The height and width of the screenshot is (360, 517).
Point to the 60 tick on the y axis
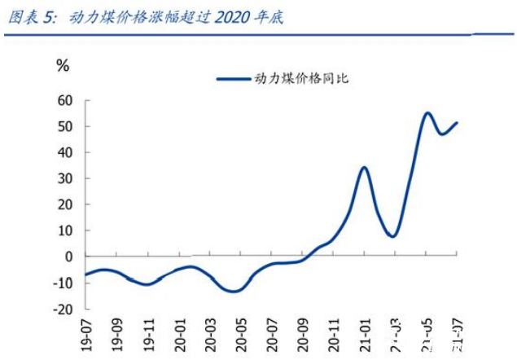click(64, 100)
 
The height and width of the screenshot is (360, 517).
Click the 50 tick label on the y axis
click(64, 126)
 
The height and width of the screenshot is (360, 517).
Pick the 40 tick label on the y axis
click(64, 152)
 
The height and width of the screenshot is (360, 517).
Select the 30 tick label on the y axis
click(64, 178)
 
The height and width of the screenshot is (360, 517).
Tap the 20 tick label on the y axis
click(64, 204)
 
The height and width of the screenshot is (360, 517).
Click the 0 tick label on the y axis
click(68, 256)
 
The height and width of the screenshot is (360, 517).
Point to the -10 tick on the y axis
click(62, 282)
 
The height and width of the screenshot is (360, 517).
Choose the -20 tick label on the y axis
click(62, 308)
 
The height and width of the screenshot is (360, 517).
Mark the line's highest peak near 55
click(428, 113)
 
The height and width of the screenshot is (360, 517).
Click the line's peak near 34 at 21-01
click(364, 168)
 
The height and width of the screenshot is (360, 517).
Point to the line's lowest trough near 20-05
click(234, 291)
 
